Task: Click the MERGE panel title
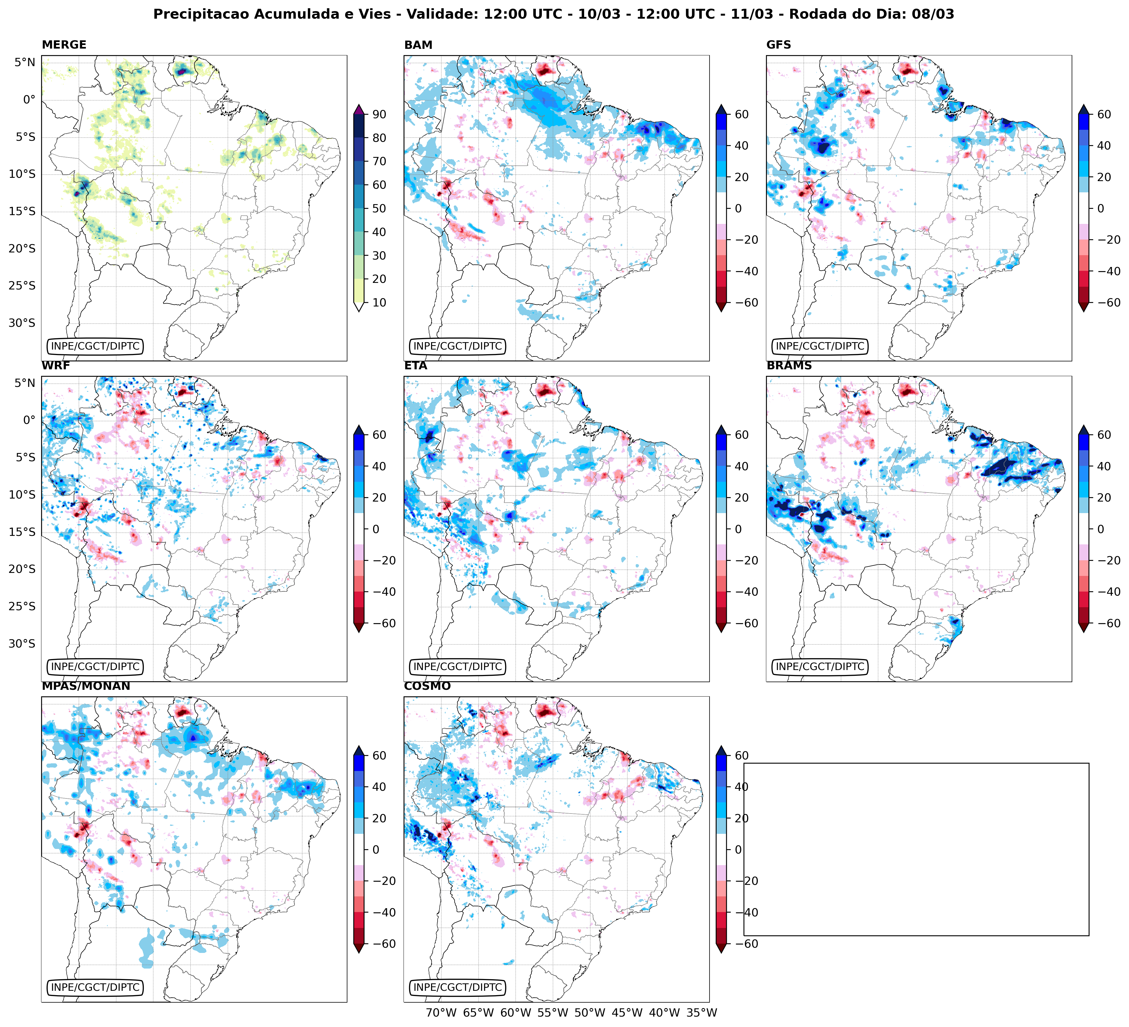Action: tap(64, 45)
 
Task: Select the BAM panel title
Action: tap(418, 45)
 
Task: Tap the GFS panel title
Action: tap(778, 45)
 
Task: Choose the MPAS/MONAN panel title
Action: tap(86, 686)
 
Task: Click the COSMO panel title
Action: tap(427, 686)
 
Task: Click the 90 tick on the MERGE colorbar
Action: tap(379, 114)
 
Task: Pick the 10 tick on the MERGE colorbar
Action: tap(379, 302)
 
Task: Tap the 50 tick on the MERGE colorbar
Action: tap(379, 208)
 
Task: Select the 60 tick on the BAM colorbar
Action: tap(742, 114)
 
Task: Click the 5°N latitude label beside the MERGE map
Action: tap(25, 62)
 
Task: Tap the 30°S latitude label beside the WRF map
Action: tap(22, 643)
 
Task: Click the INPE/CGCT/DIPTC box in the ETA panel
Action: tap(458, 666)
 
